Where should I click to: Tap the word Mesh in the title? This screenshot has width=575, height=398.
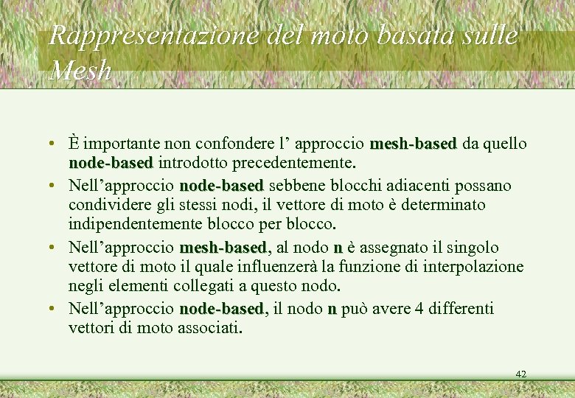point(80,70)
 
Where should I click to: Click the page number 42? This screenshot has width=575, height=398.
point(521,374)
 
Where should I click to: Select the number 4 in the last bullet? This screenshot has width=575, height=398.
point(419,308)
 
